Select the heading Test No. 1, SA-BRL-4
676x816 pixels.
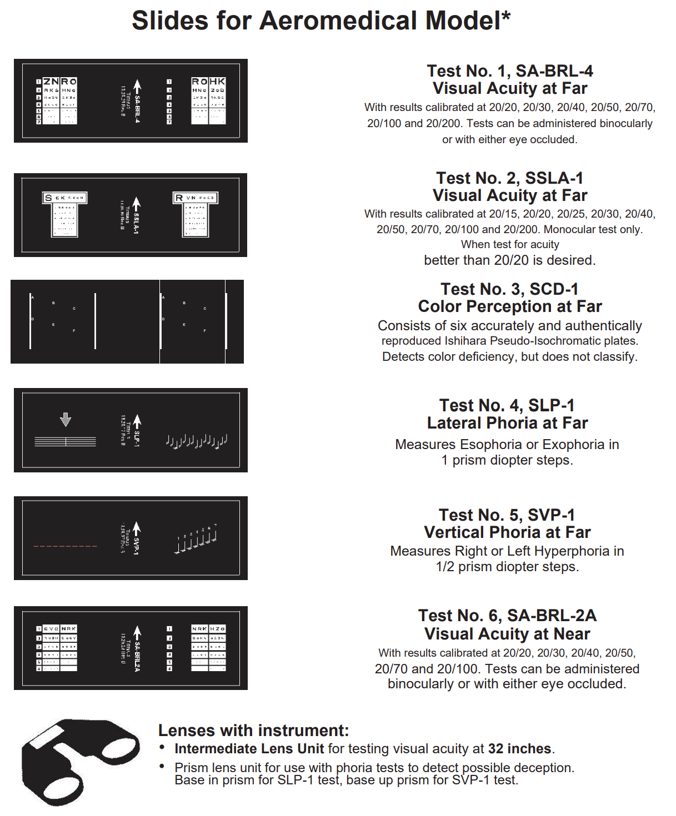click(509, 71)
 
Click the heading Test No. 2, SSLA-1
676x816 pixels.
click(509, 178)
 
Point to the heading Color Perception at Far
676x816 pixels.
click(509, 306)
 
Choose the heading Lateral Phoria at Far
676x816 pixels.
click(507, 423)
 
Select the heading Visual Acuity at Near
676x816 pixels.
click(507, 634)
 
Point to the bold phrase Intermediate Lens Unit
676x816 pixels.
click(249, 749)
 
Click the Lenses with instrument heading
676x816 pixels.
click(253, 731)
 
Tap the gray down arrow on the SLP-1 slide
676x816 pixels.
click(66, 419)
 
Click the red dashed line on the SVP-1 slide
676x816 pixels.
click(65, 546)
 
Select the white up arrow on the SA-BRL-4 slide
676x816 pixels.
click(137, 87)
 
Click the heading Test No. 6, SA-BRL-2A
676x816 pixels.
click(507, 616)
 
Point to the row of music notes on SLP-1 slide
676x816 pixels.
click(197, 441)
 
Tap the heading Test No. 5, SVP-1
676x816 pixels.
click(507, 515)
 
